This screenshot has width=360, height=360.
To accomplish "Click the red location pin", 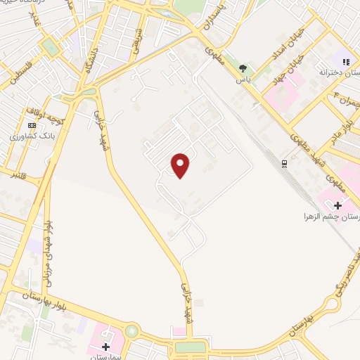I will [181, 165].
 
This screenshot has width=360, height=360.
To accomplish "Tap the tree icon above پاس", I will [243, 68].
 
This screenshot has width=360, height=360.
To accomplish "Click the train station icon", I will [284, 164].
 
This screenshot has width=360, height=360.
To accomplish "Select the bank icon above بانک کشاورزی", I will [31, 124].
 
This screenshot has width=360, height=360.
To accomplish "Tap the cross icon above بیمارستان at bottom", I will [106, 346].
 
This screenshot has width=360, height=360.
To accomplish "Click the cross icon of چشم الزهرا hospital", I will [337, 205].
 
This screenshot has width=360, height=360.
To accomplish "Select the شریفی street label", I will [139, 39].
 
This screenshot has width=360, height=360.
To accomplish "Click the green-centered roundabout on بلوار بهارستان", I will [131, 330].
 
